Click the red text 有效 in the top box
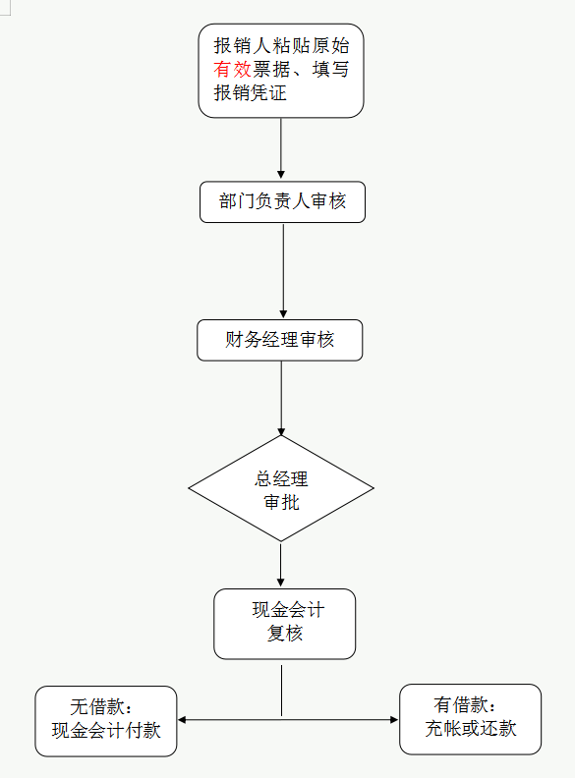coord(232,70)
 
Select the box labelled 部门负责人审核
coord(282,202)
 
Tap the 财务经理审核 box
coord(280,340)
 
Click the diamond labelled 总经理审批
coord(281,488)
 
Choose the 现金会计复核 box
coord(285,623)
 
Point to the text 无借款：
coord(101,707)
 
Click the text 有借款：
coord(466,705)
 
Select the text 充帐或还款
coord(470,729)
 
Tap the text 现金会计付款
coord(106,731)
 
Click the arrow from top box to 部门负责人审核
coord(281,147)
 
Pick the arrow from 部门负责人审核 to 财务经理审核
coord(283,270)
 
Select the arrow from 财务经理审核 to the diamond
coord(281,397)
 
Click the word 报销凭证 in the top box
coord(250,94)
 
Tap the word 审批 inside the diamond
coord(281,502)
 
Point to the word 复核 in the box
coord(285,634)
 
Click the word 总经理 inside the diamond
coord(281,479)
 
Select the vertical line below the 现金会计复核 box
coord(282,691)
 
